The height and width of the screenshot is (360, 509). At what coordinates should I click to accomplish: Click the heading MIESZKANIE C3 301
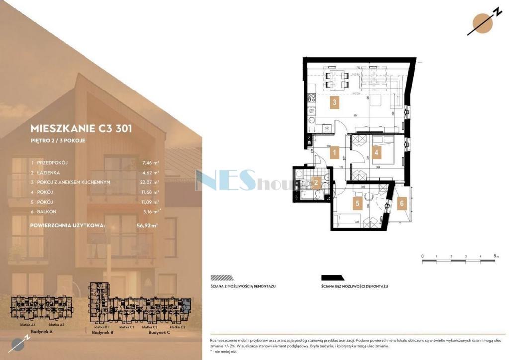point(81,128)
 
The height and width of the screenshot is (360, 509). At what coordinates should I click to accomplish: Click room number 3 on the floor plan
point(335,103)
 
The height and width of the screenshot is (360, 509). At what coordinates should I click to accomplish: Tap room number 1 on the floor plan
point(336,153)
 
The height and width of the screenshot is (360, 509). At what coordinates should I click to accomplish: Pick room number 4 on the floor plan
point(377,152)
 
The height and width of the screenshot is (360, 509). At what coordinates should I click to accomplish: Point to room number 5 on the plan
point(356,203)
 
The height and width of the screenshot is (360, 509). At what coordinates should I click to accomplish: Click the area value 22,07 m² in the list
point(149,182)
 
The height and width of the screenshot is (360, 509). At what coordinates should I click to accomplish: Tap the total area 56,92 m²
point(147,225)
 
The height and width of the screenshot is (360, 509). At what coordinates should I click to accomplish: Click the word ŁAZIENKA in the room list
point(50,173)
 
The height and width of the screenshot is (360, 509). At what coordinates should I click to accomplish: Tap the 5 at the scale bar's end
point(495,256)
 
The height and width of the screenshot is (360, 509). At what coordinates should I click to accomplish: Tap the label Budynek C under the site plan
point(159,332)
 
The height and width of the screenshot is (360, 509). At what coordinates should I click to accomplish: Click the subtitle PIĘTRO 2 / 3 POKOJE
point(58,141)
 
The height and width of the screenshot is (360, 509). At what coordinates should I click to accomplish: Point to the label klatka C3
point(177,327)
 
